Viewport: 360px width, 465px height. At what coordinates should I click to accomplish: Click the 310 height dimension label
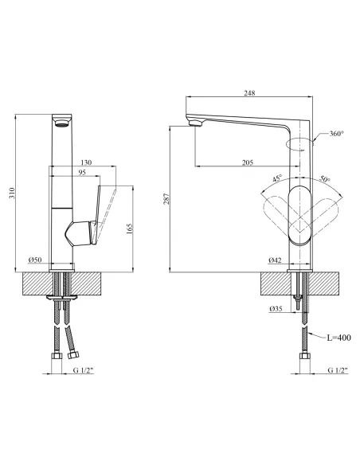[x=12, y=193]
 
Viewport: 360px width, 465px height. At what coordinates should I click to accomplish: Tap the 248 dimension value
[x=249, y=93]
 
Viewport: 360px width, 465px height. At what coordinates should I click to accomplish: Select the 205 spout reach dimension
[x=248, y=162]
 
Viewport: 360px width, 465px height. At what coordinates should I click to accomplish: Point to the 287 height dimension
[x=166, y=198]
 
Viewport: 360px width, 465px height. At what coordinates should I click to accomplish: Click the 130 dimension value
[x=86, y=162]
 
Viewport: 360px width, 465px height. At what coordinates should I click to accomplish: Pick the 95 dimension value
[x=82, y=172]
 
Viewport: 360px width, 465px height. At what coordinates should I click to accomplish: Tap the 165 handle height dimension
[x=130, y=229]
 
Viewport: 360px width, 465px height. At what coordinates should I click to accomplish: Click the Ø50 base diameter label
[x=35, y=260]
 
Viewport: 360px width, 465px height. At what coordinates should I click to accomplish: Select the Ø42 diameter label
[x=275, y=260]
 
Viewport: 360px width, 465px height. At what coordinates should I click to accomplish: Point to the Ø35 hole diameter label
[x=276, y=309]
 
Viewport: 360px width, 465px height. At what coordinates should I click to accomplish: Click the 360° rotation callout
[x=337, y=134]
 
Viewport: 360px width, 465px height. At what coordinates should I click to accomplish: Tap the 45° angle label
[x=277, y=178]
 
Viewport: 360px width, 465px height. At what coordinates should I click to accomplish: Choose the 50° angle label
[x=325, y=179]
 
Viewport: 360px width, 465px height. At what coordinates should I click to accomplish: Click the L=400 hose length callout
[x=338, y=338]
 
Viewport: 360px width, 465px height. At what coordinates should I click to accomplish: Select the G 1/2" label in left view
[x=83, y=370]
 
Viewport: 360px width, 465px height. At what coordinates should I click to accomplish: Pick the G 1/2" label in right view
[x=338, y=370]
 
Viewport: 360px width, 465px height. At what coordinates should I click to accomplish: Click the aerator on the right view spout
[x=195, y=123]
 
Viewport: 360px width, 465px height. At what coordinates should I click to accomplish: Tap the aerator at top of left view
[x=62, y=123]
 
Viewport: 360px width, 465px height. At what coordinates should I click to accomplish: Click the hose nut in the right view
[x=305, y=356]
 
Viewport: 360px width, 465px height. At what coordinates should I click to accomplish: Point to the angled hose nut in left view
[x=72, y=354]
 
